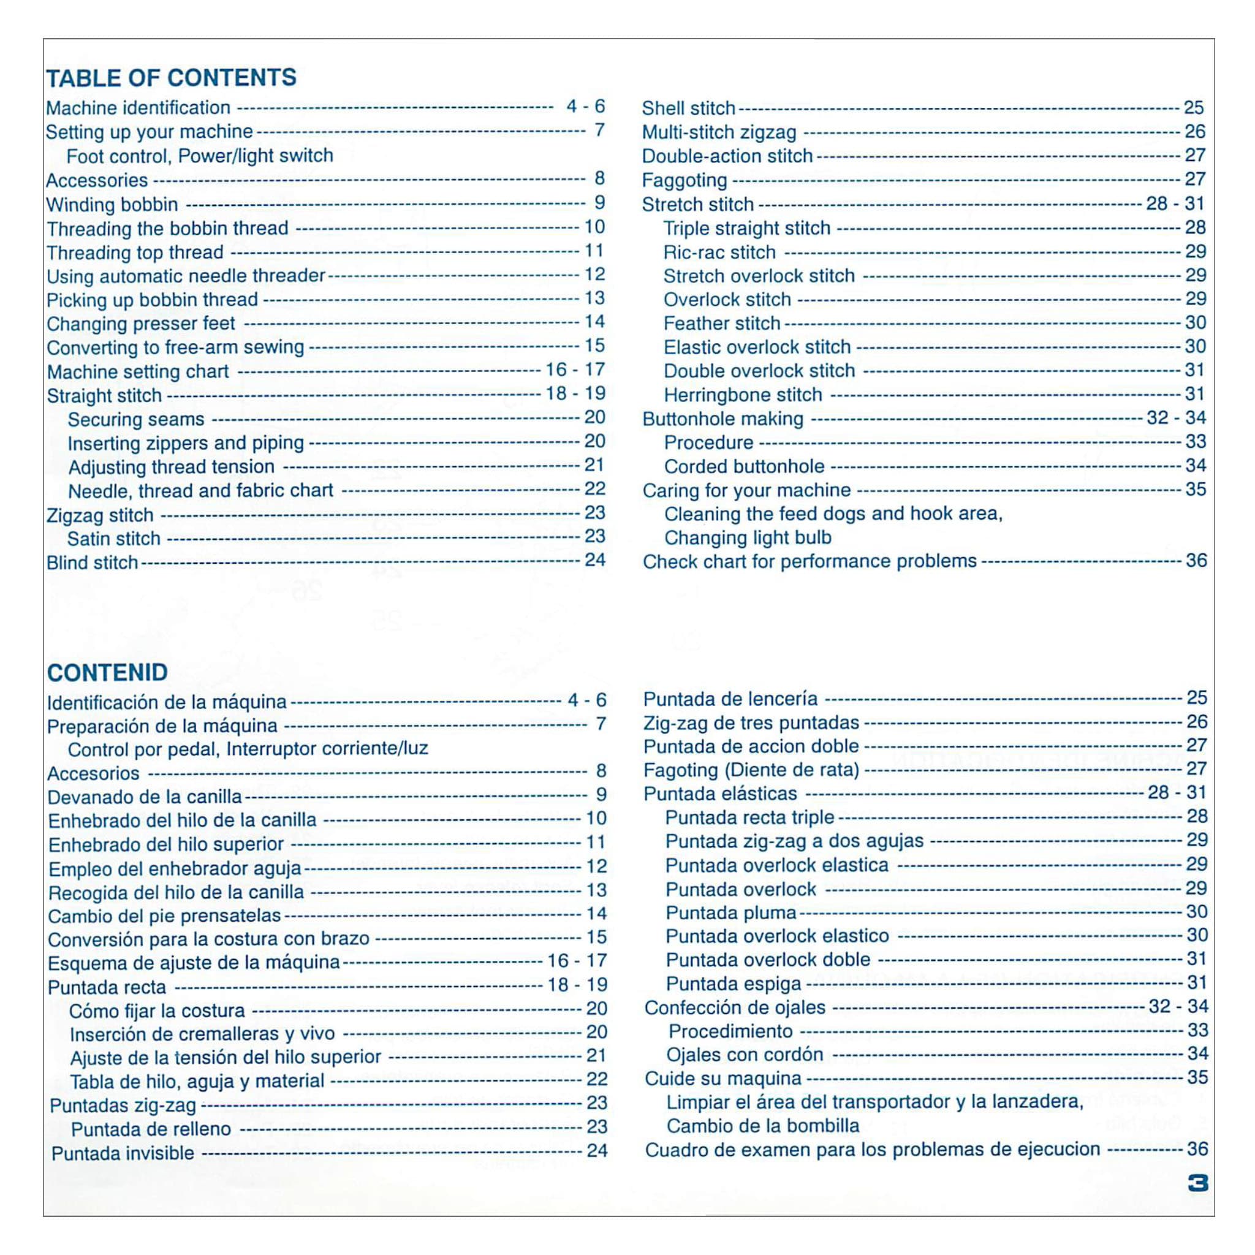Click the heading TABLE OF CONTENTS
click(x=171, y=78)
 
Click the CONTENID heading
click(x=107, y=672)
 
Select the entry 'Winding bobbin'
click(x=112, y=205)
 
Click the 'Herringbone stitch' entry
click(x=743, y=395)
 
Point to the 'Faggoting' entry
click(x=684, y=180)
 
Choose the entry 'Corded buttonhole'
click(x=744, y=466)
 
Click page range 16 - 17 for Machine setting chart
click(x=575, y=370)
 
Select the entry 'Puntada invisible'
click(x=123, y=1153)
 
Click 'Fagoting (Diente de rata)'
click(x=751, y=770)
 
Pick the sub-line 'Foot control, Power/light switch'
click(x=199, y=156)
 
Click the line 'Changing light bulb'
click(x=747, y=538)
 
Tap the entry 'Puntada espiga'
click(x=734, y=984)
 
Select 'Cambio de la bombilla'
click(x=762, y=1126)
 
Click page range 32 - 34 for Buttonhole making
click(x=1177, y=418)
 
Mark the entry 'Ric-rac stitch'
click(x=719, y=252)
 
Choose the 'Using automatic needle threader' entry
click(x=185, y=276)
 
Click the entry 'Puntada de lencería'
click(x=730, y=699)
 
